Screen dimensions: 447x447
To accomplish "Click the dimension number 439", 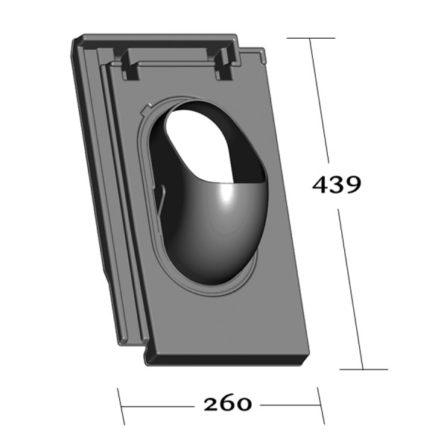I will (x=336, y=184).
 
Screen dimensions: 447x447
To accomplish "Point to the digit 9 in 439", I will (x=352, y=185).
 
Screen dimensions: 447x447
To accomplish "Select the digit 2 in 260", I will (x=211, y=404).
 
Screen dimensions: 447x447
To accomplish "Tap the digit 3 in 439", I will (x=336, y=185).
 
